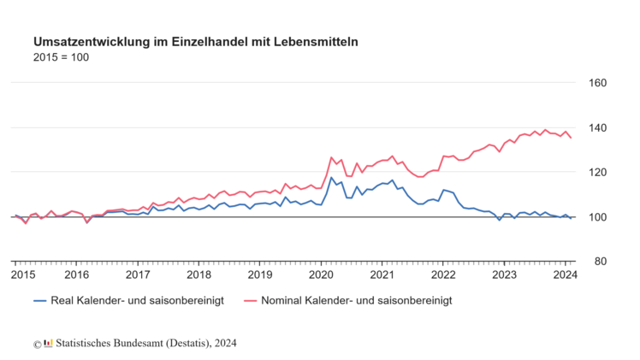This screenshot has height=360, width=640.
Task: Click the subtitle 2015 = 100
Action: (61, 57)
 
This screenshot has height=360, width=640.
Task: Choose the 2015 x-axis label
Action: (23, 275)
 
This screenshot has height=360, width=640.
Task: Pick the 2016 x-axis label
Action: (77, 275)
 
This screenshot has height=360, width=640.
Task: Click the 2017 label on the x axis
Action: (138, 275)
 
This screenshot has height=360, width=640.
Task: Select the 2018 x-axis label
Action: (199, 275)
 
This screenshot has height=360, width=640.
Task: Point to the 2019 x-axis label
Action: (260, 275)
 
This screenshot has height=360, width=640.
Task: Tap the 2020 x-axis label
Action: (321, 275)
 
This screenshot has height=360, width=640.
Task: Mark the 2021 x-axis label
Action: (382, 275)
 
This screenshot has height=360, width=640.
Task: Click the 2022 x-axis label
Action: (443, 275)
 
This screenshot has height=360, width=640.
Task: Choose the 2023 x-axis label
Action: (504, 275)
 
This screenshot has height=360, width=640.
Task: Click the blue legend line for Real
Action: (39, 301)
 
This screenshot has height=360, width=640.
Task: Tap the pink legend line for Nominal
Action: (251, 301)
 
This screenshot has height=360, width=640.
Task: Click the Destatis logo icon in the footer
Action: (49, 343)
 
